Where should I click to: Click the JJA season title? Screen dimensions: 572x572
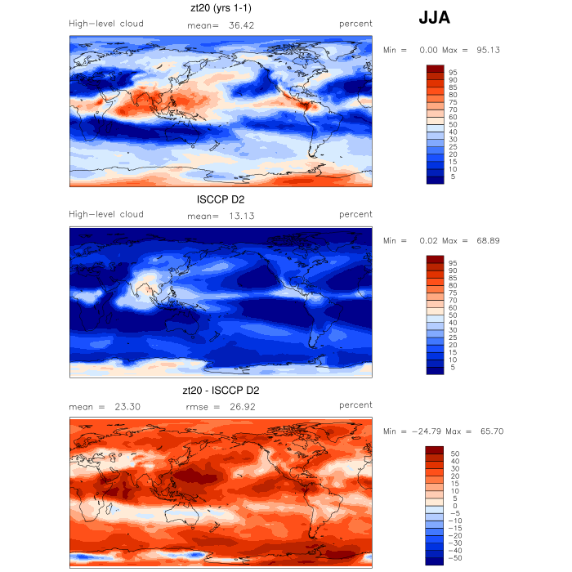coord(434,18)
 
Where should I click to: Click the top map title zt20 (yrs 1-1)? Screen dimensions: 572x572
coord(221,9)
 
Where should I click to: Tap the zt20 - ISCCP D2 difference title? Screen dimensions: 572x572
coord(221,390)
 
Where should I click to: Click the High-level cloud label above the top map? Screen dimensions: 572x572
coord(106,24)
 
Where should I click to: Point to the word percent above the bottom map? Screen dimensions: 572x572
coord(355,404)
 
